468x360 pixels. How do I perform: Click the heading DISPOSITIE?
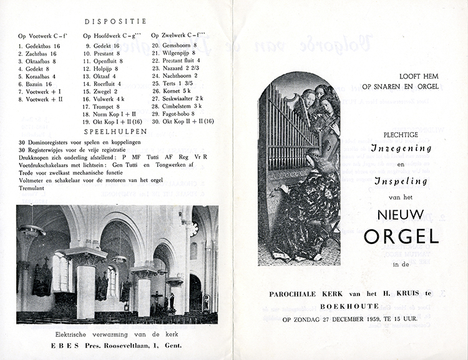[115, 21]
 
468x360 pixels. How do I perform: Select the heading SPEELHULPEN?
[115, 132]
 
